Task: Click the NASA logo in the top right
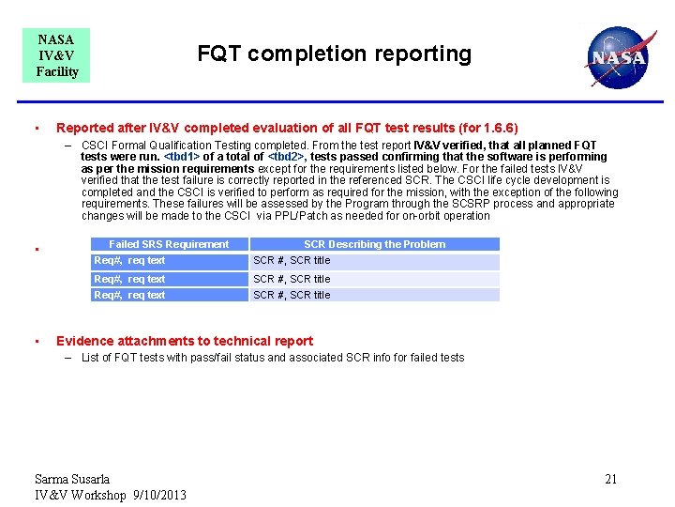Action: pos(616,57)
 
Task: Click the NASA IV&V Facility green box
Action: pos(57,55)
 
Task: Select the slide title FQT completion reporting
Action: pos(334,54)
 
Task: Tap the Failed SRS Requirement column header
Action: pos(169,244)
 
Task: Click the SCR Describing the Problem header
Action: pos(374,244)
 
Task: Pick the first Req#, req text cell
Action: pos(129,260)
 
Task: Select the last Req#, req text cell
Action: pos(129,295)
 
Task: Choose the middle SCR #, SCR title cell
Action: pos(292,279)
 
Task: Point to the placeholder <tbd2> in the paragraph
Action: pos(286,157)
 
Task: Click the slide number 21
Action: pos(610,480)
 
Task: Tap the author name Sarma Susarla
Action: pos(72,480)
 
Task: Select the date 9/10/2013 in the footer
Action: pos(160,495)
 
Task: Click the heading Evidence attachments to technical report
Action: pos(185,341)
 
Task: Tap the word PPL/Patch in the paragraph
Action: pos(301,216)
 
